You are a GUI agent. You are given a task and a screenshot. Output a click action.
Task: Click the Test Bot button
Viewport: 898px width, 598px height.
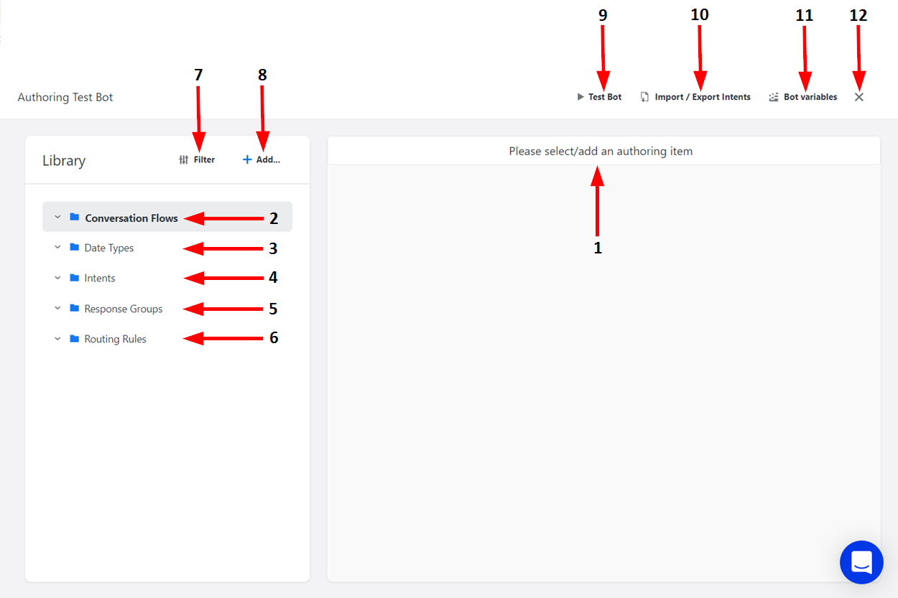[x=599, y=97]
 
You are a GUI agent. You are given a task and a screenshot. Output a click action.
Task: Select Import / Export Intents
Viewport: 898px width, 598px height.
[x=695, y=97]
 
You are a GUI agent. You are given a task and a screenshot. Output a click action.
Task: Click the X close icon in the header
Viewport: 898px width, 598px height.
[x=858, y=97]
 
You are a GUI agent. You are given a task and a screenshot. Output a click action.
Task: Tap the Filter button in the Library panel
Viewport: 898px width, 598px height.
[x=197, y=160]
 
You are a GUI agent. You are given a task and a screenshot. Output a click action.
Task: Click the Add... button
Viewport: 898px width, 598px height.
[x=261, y=160]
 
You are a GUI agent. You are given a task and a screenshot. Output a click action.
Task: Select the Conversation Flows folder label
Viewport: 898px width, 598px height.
[x=131, y=218]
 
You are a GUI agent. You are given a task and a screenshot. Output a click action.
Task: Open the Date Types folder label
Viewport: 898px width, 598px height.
[x=109, y=248]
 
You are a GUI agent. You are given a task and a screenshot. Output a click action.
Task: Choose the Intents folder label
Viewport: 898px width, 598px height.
[x=100, y=279]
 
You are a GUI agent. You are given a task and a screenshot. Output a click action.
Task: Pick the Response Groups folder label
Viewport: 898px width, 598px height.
[x=124, y=309]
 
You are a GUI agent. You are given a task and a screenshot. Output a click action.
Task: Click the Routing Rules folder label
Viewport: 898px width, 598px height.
[x=115, y=340]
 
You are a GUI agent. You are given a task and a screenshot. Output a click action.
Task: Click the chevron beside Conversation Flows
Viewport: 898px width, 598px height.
[x=57, y=217]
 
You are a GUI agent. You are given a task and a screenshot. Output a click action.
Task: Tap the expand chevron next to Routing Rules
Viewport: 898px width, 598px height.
[x=57, y=339]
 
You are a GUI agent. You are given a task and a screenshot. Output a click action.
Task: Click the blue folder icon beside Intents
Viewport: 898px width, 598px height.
[x=74, y=278]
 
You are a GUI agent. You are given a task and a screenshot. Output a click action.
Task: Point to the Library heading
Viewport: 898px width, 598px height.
[x=64, y=161]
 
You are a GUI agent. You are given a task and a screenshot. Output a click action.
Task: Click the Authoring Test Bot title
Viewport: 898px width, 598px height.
[x=65, y=97]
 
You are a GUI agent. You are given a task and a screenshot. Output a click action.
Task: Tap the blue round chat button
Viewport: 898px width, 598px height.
[x=861, y=562]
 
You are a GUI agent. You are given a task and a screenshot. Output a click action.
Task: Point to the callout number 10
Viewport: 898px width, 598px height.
[x=699, y=14]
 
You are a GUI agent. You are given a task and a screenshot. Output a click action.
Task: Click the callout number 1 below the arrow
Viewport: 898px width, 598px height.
[x=597, y=248]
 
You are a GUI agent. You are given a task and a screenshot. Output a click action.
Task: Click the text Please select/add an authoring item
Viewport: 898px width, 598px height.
[x=601, y=151]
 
